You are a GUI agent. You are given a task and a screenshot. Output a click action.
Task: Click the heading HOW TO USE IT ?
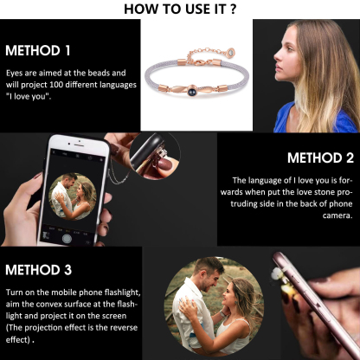click(x=180, y=9)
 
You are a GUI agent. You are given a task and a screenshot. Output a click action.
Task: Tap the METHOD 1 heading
click(x=38, y=49)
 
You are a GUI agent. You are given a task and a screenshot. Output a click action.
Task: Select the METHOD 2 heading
click(x=321, y=157)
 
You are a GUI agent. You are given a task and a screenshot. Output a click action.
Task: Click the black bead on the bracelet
click(x=184, y=89)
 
